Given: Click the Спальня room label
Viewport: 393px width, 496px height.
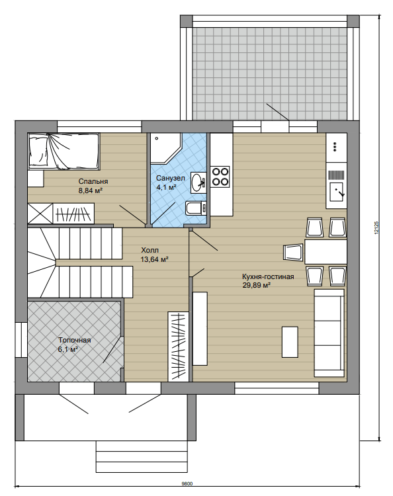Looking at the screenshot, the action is coord(93,181).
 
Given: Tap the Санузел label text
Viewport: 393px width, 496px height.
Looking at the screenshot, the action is coord(170,179).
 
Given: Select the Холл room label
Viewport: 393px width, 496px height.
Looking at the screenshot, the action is coord(150,250).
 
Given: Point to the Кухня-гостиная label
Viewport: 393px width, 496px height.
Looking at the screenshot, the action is coord(268,276).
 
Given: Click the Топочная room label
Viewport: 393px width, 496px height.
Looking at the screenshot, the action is coord(74,341).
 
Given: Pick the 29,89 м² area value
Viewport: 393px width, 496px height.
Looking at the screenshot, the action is coord(256,285).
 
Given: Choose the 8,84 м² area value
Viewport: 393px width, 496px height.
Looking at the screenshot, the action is coord(91,190).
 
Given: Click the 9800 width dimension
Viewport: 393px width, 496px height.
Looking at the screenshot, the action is coord(187,483).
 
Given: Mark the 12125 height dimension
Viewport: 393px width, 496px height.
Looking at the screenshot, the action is coord(376,227).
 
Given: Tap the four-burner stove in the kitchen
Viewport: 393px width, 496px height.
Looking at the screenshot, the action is coord(220,177).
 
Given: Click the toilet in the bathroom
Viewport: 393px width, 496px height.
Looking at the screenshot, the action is coord(196,208).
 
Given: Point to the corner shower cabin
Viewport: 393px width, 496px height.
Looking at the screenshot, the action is coord(165,148).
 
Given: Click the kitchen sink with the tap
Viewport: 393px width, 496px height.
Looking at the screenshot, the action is coord(337,192).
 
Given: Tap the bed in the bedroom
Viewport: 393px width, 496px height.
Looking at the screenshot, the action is coord(64,151).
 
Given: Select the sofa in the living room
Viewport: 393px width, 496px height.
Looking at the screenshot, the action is coord(329,333).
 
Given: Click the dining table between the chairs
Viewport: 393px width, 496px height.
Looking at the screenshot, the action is coord(326,252).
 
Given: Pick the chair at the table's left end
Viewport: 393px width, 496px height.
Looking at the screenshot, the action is coord(293,253).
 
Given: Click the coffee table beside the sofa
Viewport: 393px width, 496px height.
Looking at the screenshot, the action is coord(290,342).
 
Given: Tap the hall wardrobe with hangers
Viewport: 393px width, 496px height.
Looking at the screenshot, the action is coord(179,347).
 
